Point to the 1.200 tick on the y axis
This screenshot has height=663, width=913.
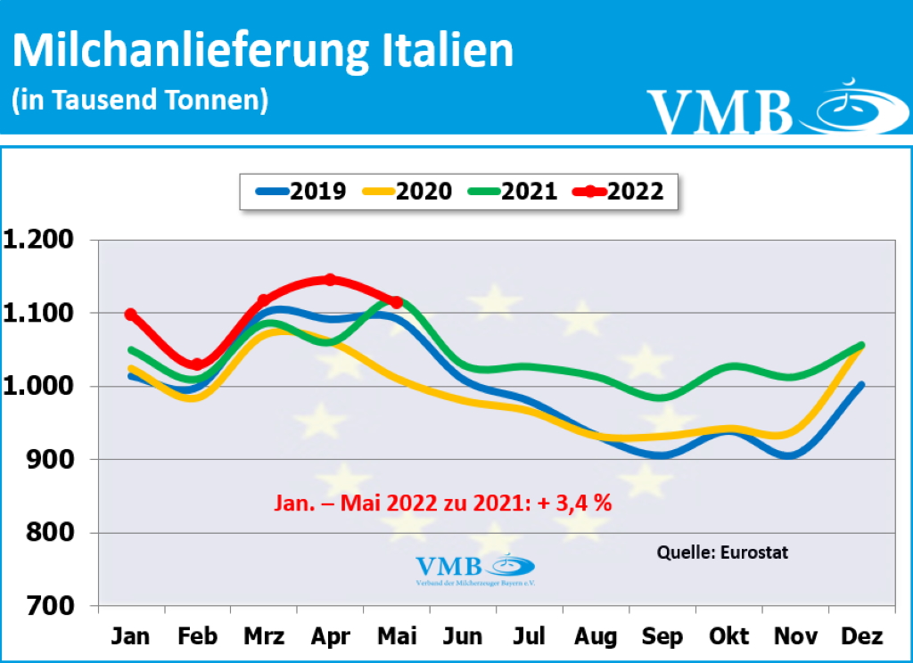click(x=44, y=241)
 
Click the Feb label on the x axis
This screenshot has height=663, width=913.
click(x=197, y=636)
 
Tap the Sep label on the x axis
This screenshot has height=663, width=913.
click(x=662, y=636)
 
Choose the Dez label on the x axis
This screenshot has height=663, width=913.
click(x=862, y=636)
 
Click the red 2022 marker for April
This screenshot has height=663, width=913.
click(x=330, y=280)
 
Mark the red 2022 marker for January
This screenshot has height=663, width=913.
click(x=131, y=315)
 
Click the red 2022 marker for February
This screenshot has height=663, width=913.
click(x=197, y=364)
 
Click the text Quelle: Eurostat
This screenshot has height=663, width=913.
click(x=722, y=552)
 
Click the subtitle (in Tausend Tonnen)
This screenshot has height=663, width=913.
click(x=140, y=100)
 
